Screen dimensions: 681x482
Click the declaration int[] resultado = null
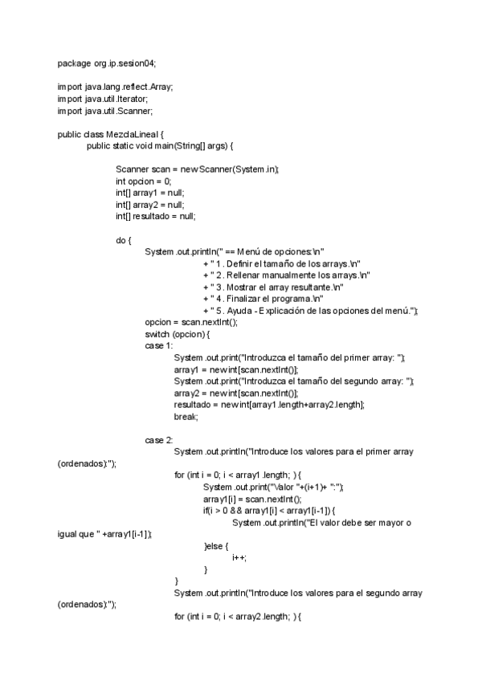(x=156, y=216)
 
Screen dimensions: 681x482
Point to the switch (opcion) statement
(x=177, y=334)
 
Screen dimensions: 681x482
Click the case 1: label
(x=159, y=346)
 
